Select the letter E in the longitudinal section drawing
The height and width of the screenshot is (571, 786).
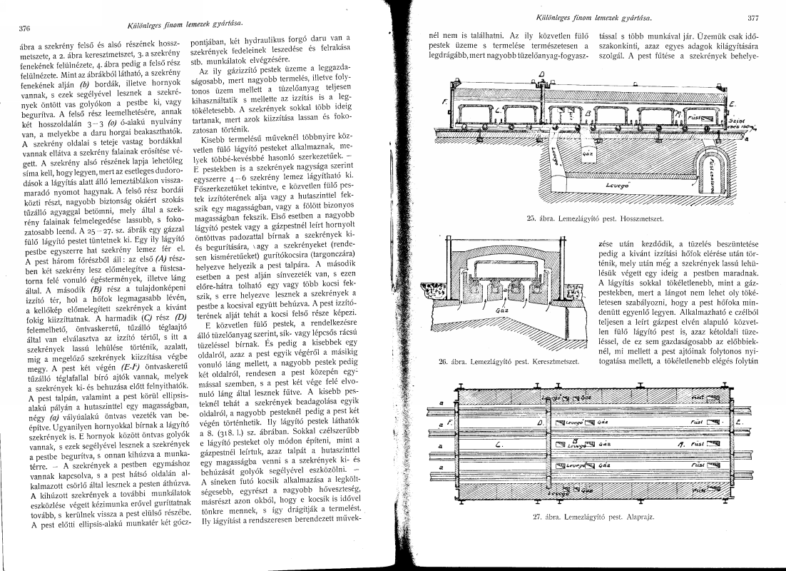click(x=732, y=104)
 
